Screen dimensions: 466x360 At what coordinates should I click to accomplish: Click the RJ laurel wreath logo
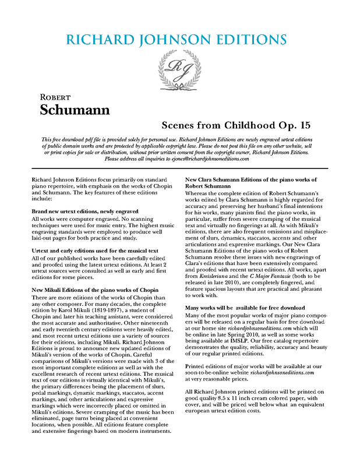coord(179,68)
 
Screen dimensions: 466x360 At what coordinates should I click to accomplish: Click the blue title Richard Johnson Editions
coord(177,40)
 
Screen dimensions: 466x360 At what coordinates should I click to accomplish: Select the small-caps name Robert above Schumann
coord(57,97)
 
